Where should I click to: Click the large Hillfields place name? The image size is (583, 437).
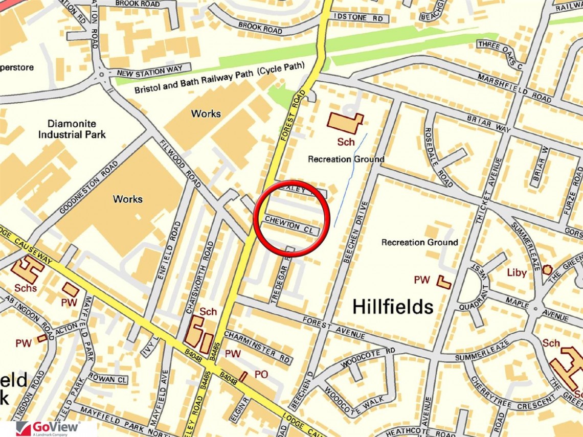(x=393, y=307)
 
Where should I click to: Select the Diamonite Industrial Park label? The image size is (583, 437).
(x=76, y=129)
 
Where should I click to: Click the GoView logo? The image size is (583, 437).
(x=48, y=428)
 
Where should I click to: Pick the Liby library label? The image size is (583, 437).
(x=517, y=272)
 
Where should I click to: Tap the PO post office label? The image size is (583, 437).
(x=261, y=375)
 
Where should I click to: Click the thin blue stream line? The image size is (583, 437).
(x=351, y=179)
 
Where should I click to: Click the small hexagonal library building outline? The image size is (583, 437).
(x=547, y=269)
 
